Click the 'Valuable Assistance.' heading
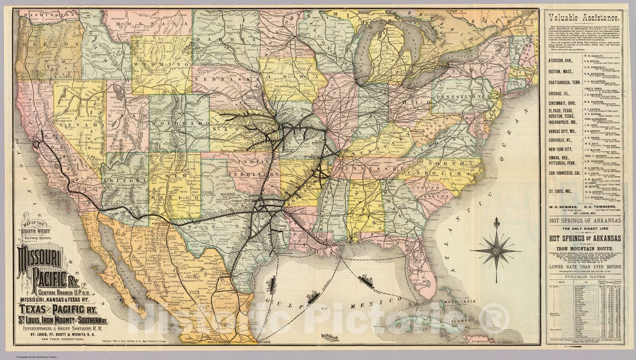[583, 18]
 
